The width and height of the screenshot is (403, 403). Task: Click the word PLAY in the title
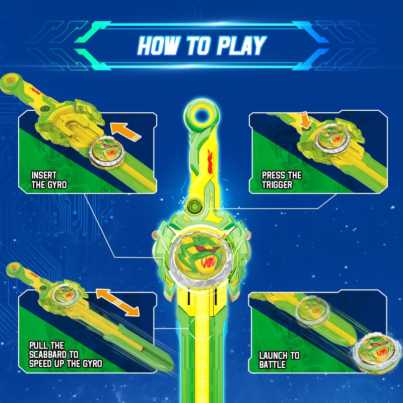240,45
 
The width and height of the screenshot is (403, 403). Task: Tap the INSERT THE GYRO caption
49,180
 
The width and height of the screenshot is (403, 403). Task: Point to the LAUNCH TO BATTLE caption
279,360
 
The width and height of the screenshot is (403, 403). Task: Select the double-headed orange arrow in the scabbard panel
117,302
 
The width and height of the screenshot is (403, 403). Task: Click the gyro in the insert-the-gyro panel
106,151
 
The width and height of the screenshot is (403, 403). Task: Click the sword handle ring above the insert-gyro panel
10,80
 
